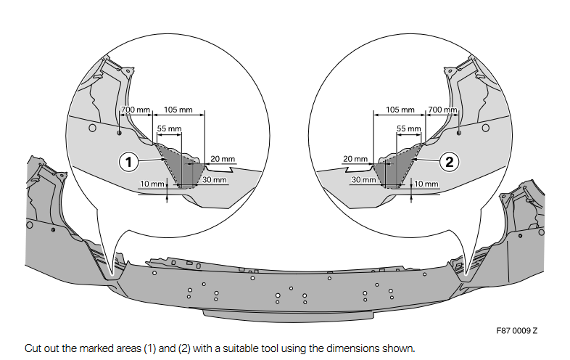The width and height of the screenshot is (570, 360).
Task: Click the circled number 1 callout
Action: (x=128, y=162)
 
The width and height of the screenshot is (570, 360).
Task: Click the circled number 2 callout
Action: (x=450, y=162)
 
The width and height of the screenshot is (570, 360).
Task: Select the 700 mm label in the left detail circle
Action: (x=135, y=110)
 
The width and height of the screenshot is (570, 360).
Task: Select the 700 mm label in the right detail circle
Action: (x=444, y=110)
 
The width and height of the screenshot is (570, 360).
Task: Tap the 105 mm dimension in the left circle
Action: (x=178, y=110)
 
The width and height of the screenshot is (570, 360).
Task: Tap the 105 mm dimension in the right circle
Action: (x=400, y=110)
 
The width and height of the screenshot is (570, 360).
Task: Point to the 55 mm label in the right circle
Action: (x=409, y=128)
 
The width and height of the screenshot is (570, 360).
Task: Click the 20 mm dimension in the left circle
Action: (x=223, y=159)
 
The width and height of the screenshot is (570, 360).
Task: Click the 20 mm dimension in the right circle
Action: (x=355, y=159)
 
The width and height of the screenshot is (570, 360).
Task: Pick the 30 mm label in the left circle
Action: (x=214, y=179)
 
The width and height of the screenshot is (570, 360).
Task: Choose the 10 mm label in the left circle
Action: (x=152, y=184)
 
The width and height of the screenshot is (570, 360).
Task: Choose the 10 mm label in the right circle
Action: (x=426, y=184)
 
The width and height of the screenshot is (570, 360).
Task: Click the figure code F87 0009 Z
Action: (x=517, y=330)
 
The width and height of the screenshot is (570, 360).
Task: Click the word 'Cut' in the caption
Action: (x=32, y=348)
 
